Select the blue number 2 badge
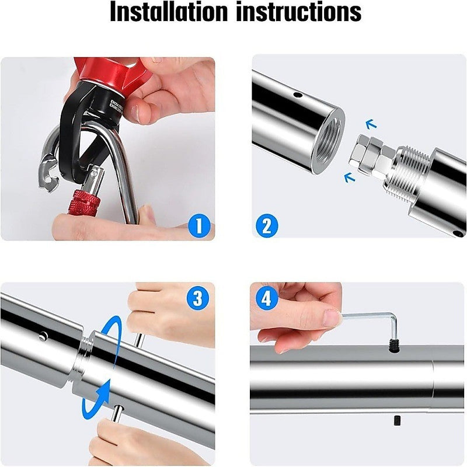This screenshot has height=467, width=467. click(x=267, y=225)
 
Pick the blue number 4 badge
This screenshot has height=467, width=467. click(x=267, y=299)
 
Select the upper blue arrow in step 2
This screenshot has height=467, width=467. click(x=370, y=123)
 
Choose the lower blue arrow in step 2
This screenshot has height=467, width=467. click(x=350, y=177)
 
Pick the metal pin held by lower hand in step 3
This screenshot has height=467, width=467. click(x=117, y=414)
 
